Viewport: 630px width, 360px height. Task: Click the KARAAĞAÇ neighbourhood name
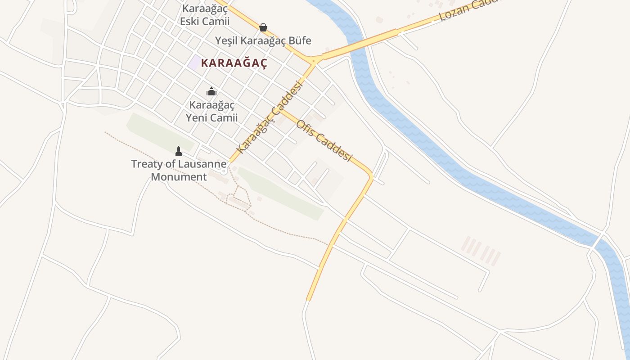click(234, 63)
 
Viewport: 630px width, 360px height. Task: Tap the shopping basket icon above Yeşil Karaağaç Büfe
click(263, 27)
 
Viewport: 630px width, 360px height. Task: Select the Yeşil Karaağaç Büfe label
click(263, 40)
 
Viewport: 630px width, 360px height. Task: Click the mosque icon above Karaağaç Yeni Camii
click(211, 92)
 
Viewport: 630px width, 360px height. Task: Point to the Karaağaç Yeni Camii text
click(211, 111)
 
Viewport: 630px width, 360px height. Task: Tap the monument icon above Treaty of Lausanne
click(179, 151)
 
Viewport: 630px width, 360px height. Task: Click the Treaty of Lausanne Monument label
click(179, 170)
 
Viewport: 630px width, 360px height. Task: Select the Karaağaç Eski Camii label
click(205, 14)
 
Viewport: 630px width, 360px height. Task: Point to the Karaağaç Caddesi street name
click(269, 117)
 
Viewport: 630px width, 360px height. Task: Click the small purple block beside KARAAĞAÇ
click(194, 63)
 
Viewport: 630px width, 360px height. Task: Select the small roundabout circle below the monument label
click(223, 171)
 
